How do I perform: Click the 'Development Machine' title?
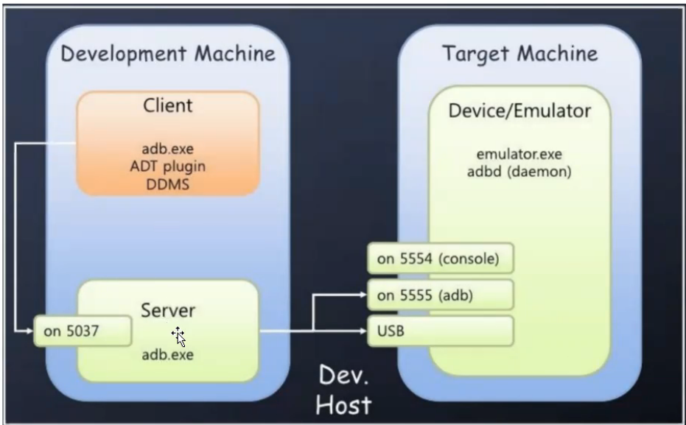coord(168,55)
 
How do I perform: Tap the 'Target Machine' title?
coord(519,55)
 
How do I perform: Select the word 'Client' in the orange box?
coord(168,105)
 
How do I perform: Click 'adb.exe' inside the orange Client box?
coord(167,149)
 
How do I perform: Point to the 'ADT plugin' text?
coord(167,166)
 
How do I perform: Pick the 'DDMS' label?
coord(167,184)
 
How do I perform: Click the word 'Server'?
coord(168,310)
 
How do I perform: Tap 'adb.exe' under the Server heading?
coord(167,354)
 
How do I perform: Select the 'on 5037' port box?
coord(83,331)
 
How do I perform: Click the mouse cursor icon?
coord(178,337)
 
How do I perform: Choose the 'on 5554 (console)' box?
coord(440,259)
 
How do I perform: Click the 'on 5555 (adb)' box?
coord(440,295)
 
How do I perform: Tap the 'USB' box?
coord(440,331)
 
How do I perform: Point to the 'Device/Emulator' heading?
coord(519,110)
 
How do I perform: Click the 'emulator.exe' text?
coord(519,154)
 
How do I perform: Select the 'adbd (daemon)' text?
coord(519,172)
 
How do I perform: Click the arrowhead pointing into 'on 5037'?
coord(29,331)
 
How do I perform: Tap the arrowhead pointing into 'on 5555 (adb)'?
coord(363,295)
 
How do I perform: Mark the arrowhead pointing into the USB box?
coord(363,331)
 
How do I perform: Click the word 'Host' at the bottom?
coord(343,405)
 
